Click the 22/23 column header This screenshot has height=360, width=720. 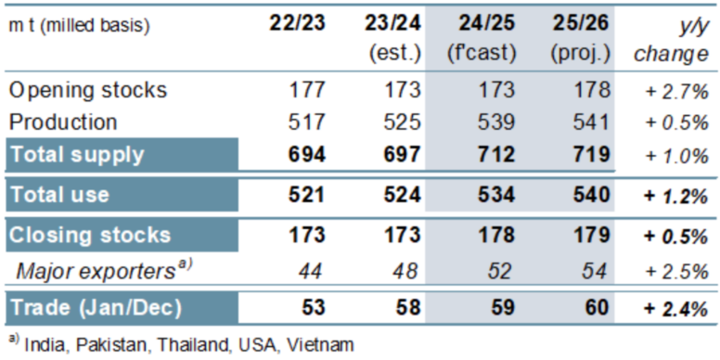click(x=297, y=24)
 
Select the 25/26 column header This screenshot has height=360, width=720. click(x=581, y=24)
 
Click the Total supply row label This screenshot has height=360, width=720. click(x=77, y=155)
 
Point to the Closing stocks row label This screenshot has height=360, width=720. click(x=90, y=235)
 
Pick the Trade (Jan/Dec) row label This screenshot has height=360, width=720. click(x=96, y=308)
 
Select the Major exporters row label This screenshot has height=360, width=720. click(x=103, y=272)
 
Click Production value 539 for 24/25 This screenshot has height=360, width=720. click(x=493, y=122)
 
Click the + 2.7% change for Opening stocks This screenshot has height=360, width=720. click(x=676, y=92)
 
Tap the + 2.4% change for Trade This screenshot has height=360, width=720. click(x=675, y=310)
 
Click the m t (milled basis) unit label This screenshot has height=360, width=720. click(x=80, y=26)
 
